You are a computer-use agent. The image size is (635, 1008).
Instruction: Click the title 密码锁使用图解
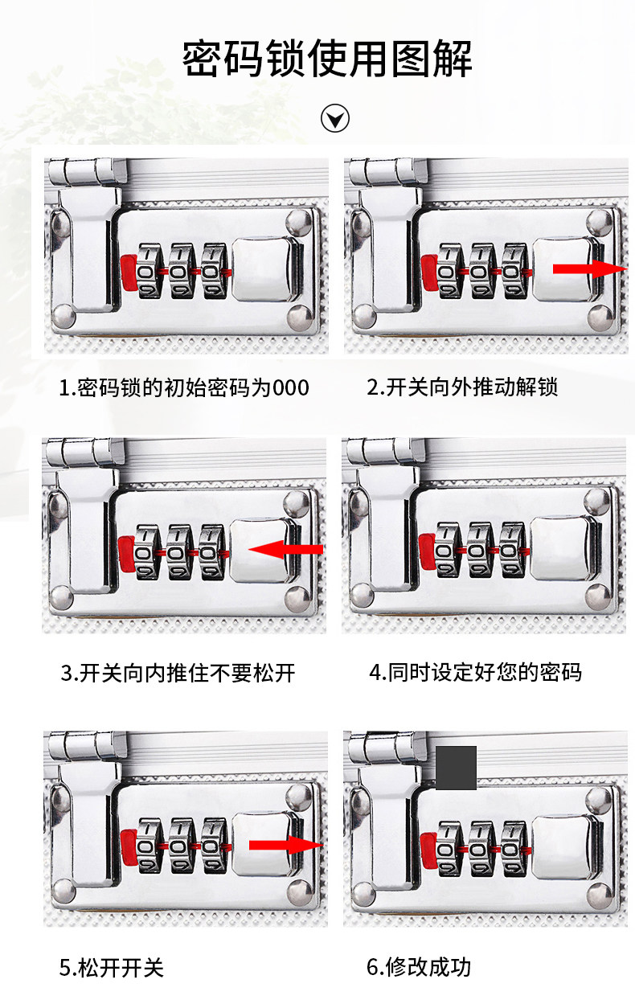[x=327, y=59]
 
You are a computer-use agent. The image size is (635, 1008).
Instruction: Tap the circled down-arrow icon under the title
[x=335, y=118]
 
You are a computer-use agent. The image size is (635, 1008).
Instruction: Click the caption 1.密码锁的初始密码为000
[x=184, y=387]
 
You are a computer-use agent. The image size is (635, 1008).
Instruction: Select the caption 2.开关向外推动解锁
[x=462, y=387]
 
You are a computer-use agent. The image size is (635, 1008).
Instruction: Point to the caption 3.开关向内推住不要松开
[x=178, y=673]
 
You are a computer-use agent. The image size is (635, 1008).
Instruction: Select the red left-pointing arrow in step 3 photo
[x=285, y=550]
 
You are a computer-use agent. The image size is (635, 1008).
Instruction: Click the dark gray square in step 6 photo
[x=456, y=768]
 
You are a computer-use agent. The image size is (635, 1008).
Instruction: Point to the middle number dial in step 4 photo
[x=481, y=550]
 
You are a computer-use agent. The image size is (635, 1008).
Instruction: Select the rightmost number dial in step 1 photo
[x=214, y=271]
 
